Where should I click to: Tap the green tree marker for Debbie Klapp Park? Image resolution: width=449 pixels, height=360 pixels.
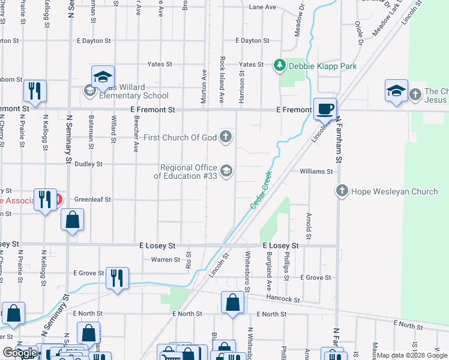[279, 65]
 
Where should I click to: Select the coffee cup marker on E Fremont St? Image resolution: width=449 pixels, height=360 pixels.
[325, 109]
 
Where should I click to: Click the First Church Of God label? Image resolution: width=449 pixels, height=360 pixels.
[181, 137]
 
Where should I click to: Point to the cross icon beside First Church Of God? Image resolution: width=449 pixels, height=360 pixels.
[226, 137]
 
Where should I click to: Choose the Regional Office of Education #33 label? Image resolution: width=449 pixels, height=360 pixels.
[185, 172]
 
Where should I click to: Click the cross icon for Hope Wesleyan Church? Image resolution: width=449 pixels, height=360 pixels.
[342, 191]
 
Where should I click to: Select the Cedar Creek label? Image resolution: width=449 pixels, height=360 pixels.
[261, 190]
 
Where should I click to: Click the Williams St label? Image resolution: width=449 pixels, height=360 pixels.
[316, 172]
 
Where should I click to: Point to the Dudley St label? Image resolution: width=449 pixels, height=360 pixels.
[89, 164]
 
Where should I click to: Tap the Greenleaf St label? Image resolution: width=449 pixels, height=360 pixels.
[92, 199]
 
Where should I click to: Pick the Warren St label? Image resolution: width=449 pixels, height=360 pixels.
[165, 260]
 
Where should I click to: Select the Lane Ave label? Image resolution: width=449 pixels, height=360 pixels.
[262, 7]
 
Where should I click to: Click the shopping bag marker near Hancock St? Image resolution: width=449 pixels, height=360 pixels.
[232, 303]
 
